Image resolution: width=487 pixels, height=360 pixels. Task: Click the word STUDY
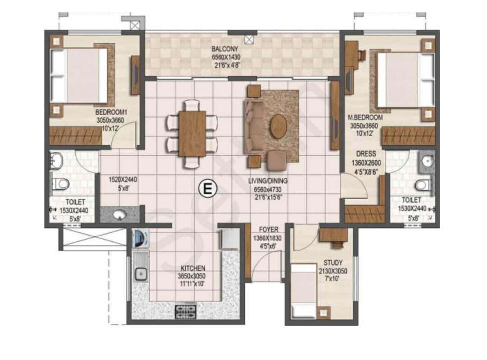tap(333, 263)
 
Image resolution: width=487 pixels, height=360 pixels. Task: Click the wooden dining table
tap(192, 134)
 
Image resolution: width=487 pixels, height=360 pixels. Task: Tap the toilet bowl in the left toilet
tap(61, 184)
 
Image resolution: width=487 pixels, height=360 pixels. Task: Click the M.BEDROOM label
tap(365, 118)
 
